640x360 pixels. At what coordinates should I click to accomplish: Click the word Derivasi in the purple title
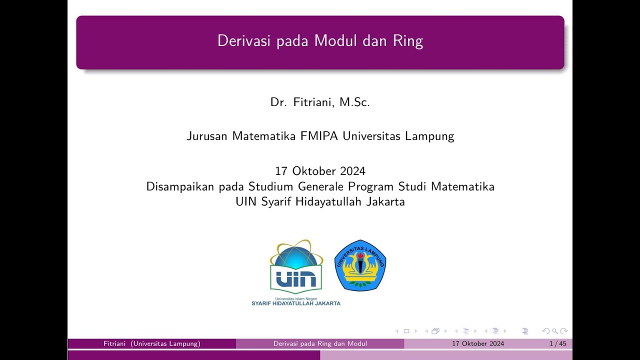[238, 41]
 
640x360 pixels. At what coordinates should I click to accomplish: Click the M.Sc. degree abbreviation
[354, 102]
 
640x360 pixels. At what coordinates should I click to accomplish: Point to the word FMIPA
[319, 136]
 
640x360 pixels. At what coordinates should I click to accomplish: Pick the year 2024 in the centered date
[352, 171]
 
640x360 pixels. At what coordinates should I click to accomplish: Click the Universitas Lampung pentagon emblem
[360, 265]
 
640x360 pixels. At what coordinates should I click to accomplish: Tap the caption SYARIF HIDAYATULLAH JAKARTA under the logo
[296, 303]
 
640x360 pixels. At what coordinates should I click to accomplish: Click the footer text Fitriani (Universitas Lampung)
[152, 344]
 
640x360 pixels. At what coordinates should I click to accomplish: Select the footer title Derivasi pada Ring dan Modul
[320, 344]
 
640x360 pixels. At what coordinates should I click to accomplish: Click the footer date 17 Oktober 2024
[478, 344]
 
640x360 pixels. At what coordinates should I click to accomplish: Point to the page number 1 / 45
[557, 344]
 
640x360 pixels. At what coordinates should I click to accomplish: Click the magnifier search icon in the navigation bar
[554, 331]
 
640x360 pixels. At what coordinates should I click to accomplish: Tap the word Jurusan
[207, 136]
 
